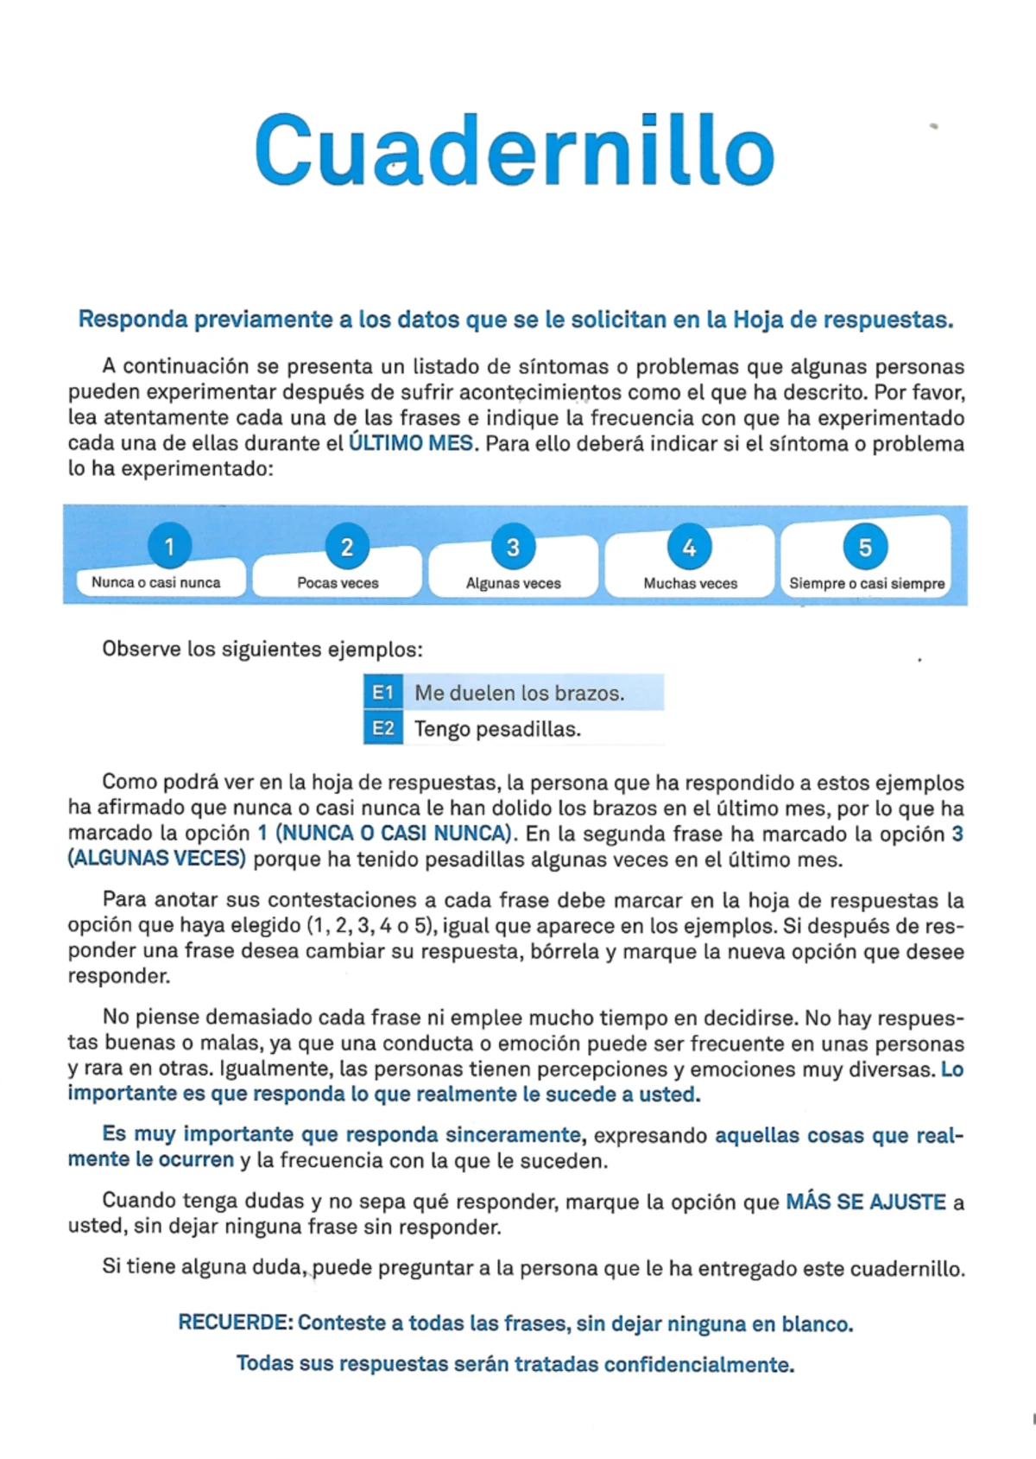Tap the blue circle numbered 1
169,547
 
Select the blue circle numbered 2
346,547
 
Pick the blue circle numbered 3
513,547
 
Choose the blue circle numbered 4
689,547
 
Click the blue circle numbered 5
864,547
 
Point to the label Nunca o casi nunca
156,582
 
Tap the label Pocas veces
338,583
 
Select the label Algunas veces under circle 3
513,583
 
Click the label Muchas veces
690,583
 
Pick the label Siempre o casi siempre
867,583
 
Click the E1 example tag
382,693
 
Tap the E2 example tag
382,728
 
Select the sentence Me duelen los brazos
519,693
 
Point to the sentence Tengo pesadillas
497,729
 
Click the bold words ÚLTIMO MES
411,444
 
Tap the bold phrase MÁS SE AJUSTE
865,1202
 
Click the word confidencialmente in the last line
698,1365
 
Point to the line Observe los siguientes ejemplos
262,649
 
